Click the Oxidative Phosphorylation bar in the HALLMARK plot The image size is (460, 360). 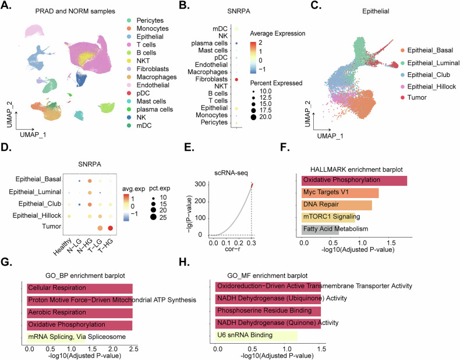pyautogui.click(x=354, y=181)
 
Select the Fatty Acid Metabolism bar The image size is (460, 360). pyautogui.click(x=320, y=230)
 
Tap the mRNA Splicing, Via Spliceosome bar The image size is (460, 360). pyautogui.click(x=56, y=337)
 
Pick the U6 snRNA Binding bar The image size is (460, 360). pyautogui.click(x=256, y=336)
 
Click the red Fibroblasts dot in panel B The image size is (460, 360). pyautogui.click(x=236, y=79)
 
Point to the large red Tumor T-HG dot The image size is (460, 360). pyautogui.click(x=110, y=228)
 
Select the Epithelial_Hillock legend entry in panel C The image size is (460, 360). pyautogui.click(x=429, y=87)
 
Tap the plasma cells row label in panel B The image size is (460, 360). pyautogui.click(x=210, y=43)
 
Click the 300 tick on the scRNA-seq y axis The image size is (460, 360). pyautogui.click(x=200, y=184)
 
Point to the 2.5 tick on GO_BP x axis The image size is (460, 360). pyautogui.click(x=133, y=349)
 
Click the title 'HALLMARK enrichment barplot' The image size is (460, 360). pyautogui.click(x=356, y=170)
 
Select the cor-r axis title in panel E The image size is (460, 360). pyautogui.click(x=233, y=249)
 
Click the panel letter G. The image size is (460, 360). pyautogui.click(x=6, y=262)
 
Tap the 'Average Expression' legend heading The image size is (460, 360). pyautogui.click(x=278, y=33)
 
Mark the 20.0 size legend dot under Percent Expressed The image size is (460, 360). pyautogui.click(x=253, y=117)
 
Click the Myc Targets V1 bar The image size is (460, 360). pyautogui.click(x=340, y=193)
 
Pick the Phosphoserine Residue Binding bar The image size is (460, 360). pyautogui.click(x=268, y=311)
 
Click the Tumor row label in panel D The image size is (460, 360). pyautogui.click(x=52, y=227)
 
